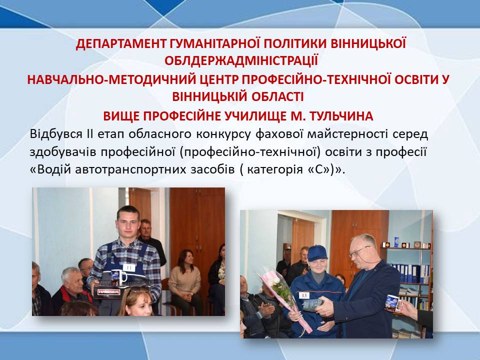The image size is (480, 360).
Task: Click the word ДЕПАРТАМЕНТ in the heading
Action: click(121, 44)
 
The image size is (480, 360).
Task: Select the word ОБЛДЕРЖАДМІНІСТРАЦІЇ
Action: click(241, 60)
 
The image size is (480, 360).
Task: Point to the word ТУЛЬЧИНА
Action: click(341, 116)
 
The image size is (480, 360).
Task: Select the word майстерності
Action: click(347, 134)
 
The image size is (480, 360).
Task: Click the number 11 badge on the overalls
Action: click(129, 267)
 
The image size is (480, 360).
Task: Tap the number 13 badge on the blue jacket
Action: click(304, 295)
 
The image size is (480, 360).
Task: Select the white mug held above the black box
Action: click(118, 276)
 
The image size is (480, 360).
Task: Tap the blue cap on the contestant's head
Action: click(317, 252)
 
